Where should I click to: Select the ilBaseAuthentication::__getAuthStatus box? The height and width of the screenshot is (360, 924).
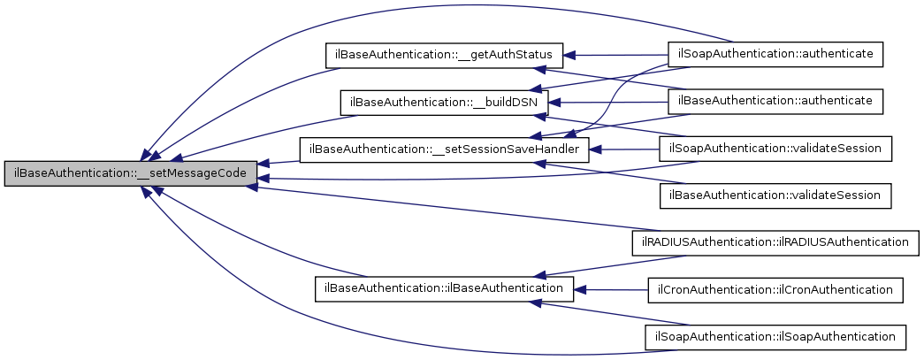pyautogui.click(x=445, y=55)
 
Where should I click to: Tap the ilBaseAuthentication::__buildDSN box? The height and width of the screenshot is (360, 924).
pyautogui.click(x=445, y=102)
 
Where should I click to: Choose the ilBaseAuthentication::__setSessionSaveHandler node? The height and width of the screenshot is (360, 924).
pyautogui.click(x=444, y=149)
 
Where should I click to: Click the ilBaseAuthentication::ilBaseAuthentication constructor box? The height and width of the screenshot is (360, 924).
pyautogui.click(x=445, y=288)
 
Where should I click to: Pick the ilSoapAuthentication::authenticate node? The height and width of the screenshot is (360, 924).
pyautogui.click(x=775, y=55)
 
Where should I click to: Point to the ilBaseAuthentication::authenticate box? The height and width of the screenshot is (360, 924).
pyautogui.click(x=775, y=102)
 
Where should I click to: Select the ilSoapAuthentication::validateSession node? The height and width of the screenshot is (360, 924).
pyautogui.click(x=775, y=149)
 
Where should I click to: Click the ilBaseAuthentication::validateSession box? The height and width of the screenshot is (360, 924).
pyautogui.click(x=775, y=195)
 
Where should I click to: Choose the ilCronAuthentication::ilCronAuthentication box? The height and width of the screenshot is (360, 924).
pyautogui.click(x=775, y=288)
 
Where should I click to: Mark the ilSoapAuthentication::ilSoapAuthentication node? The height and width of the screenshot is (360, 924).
pyautogui.click(x=775, y=336)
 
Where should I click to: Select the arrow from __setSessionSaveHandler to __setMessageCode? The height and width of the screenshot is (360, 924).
pyautogui.click(x=279, y=162)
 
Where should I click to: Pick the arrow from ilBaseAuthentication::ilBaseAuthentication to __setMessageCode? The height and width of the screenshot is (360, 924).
pyautogui.click(x=239, y=239)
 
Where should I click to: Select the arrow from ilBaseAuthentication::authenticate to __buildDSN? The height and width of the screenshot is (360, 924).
pyautogui.click(x=610, y=103)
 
